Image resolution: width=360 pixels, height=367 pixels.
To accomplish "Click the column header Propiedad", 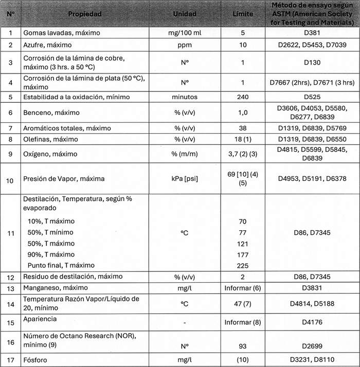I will (85, 14).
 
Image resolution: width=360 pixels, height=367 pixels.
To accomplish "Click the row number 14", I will (10, 303).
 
